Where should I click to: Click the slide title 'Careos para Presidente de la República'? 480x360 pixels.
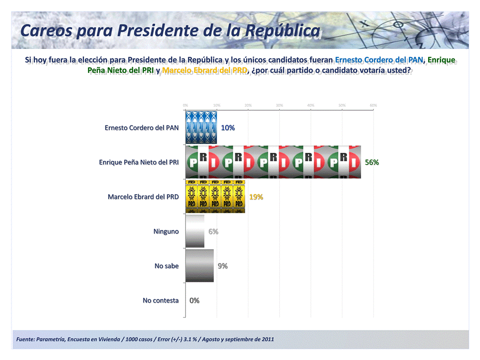point(170,30)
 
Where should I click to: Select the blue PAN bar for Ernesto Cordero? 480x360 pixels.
point(201,127)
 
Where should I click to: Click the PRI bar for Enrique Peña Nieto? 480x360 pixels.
point(273,162)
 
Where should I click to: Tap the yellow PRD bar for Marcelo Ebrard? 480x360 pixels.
point(215,197)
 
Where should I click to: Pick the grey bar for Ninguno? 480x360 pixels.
point(195,231)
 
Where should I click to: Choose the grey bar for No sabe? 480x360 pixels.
point(199,266)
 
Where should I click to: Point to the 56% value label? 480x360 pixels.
point(372,162)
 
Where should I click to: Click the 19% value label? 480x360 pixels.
point(256,197)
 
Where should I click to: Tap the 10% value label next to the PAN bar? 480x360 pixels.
point(228,128)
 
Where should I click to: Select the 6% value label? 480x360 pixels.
point(213,231)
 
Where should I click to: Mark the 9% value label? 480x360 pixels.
point(223,266)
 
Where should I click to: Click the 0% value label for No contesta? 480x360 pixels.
point(194,300)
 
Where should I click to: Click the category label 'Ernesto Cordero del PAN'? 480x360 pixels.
point(141,128)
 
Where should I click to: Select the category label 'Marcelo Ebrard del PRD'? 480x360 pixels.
point(143,197)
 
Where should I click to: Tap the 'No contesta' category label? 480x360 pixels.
point(160,300)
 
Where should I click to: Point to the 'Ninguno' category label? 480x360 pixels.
point(166,231)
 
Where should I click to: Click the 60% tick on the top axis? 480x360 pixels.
point(373,105)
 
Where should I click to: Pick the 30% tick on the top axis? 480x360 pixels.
point(279,105)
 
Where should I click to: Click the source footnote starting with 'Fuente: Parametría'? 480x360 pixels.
point(145,340)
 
